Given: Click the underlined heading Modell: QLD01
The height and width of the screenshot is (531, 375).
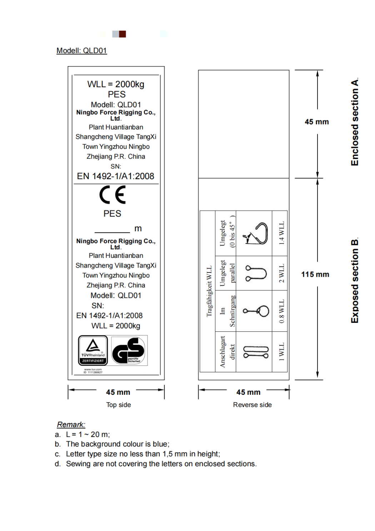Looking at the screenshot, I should [81, 50].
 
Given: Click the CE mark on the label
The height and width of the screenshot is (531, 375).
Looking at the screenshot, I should [112, 195].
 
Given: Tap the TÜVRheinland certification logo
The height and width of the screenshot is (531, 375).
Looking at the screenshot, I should [93, 350].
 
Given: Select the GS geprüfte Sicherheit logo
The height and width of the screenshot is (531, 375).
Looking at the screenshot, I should [129, 350].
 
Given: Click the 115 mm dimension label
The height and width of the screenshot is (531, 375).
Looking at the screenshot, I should [315, 274].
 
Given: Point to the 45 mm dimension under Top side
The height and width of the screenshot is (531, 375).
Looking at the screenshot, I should [118, 392].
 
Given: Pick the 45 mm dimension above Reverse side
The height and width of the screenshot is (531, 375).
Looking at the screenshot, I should [248, 392].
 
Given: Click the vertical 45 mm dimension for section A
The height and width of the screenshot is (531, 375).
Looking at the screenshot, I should [316, 122].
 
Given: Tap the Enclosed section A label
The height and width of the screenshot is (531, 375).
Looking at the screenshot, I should [355, 122].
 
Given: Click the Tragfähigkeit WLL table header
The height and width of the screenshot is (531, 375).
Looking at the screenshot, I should [209, 291].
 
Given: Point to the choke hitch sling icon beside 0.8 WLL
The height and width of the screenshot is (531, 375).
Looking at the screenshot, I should [256, 311].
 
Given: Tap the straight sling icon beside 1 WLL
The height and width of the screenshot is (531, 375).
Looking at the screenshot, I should [256, 352].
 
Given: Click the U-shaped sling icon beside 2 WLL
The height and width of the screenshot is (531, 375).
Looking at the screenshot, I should [256, 273].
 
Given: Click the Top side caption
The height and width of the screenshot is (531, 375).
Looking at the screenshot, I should [119, 405].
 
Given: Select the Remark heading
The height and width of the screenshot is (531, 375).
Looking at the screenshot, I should [71, 424].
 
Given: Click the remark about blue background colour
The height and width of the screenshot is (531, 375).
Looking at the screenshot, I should [117, 444].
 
